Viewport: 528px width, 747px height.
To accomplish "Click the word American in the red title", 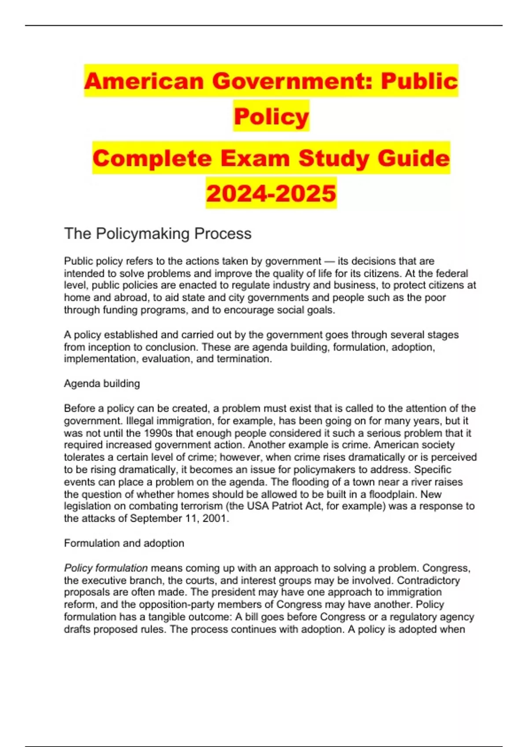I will [x=143, y=81].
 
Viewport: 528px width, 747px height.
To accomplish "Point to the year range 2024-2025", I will [x=271, y=193].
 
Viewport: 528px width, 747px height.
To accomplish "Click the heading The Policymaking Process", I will [x=158, y=233].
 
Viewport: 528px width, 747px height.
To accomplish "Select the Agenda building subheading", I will [x=102, y=384].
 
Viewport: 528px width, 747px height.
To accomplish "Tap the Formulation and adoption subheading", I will [x=124, y=543].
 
